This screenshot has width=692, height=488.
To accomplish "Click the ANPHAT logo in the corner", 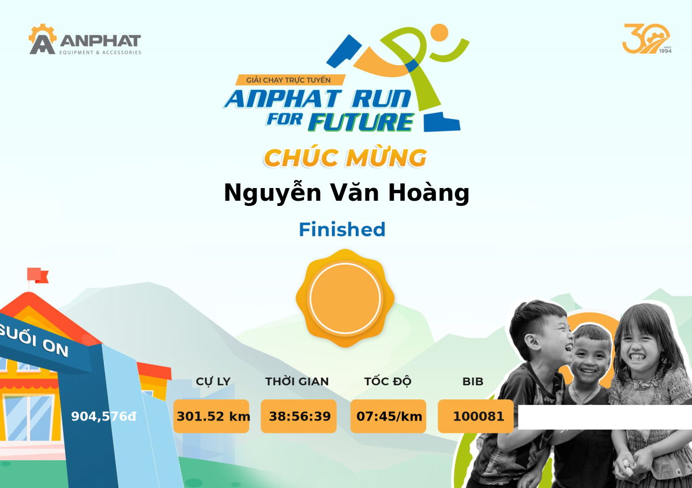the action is pyautogui.click(x=85, y=39).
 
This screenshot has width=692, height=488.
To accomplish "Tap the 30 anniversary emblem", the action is pyautogui.click(x=646, y=39).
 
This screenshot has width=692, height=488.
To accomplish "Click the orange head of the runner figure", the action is pyautogui.click(x=439, y=32).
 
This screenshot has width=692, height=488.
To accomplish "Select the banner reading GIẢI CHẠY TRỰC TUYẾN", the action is pyautogui.click(x=290, y=80).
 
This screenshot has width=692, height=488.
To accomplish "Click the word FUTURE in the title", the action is pyautogui.click(x=361, y=122).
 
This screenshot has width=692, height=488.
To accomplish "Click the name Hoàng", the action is pyautogui.click(x=429, y=193).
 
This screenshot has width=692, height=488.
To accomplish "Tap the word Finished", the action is pyautogui.click(x=342, y=230).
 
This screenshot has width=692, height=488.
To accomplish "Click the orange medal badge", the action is pyautogui.click(x=345, y=298).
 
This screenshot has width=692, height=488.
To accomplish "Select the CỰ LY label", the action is pyautogui.click(x=213, y=382).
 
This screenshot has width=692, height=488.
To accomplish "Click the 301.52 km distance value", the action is pyautogui.click(x=213, y=416).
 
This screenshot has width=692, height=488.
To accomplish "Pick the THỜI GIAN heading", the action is pyautogui.click(x=297, y=381).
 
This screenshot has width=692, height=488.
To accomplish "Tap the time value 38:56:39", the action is pyautogui.click(x=300, y=416).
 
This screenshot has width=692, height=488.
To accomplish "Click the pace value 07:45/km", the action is pyautogui.click(x=389, y=416).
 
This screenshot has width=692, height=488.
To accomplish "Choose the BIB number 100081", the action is pyautogui.click(x=478, y=416).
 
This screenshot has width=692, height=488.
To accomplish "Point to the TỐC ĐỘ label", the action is pyautogui.click(x=388, y=381).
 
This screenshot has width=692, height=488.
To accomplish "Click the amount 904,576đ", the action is pyautogui.click(x=103, y=416).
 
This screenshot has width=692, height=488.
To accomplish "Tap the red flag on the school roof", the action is pyautogui.click(x=37, y=275).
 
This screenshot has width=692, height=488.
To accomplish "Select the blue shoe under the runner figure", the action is pyautogui.click(x=442, y=123).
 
